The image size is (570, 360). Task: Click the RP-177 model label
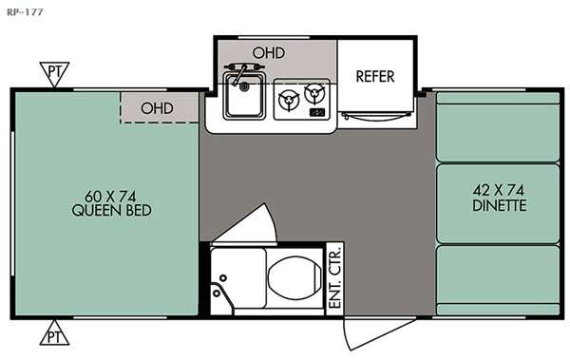[25, 12]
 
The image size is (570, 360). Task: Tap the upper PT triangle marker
[54, 74]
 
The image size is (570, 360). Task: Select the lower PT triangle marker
[54, 332]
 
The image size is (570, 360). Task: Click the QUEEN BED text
[111, 211]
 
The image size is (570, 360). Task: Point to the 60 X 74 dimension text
[110, 197]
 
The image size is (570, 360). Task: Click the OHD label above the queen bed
[157, 108]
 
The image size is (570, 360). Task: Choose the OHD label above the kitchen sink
[269, 53]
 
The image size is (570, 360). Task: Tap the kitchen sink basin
[244, 96]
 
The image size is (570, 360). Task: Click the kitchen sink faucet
[241, 72]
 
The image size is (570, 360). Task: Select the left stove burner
[289, 100]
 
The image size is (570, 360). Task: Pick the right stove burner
[314, 94]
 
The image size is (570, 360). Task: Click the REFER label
[375, 76]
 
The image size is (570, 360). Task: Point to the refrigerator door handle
[376, 116]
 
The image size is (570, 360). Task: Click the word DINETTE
[500, 206]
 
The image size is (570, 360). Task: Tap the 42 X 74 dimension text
[499, 190]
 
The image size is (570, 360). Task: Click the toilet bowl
[294, 277]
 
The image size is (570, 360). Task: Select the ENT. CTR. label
[335, 277]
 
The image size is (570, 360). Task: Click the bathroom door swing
[251, 225]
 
